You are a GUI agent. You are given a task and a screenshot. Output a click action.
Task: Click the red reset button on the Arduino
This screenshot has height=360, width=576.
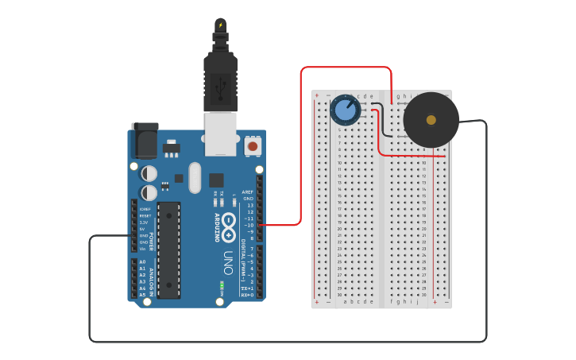tap(253, 145)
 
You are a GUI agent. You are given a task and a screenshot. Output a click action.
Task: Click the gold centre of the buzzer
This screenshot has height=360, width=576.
tap(431, 120)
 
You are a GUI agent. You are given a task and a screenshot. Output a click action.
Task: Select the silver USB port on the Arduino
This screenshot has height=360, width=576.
tap(221, 133)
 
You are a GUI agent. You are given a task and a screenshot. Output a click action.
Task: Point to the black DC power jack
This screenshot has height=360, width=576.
tap(145, 141)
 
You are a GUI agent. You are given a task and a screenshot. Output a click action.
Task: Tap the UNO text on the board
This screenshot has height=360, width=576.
tap(228, 261)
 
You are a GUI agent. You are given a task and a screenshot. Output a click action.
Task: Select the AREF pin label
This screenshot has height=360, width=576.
tap(248, 192)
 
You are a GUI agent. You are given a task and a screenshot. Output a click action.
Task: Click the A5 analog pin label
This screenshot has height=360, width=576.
tap(142, 295)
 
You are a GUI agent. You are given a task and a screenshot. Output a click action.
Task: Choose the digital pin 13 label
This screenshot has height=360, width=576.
tap(249, 205)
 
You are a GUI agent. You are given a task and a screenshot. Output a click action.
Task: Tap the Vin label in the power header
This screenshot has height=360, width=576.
tap(143, 249)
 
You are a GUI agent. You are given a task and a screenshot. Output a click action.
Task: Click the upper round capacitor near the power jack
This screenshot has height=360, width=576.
tap(149, 172)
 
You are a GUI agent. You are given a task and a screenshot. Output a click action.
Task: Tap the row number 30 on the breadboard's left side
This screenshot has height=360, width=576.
tap(339, 294)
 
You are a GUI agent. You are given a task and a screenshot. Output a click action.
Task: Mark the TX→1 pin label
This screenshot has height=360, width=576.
tap(248, 288)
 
